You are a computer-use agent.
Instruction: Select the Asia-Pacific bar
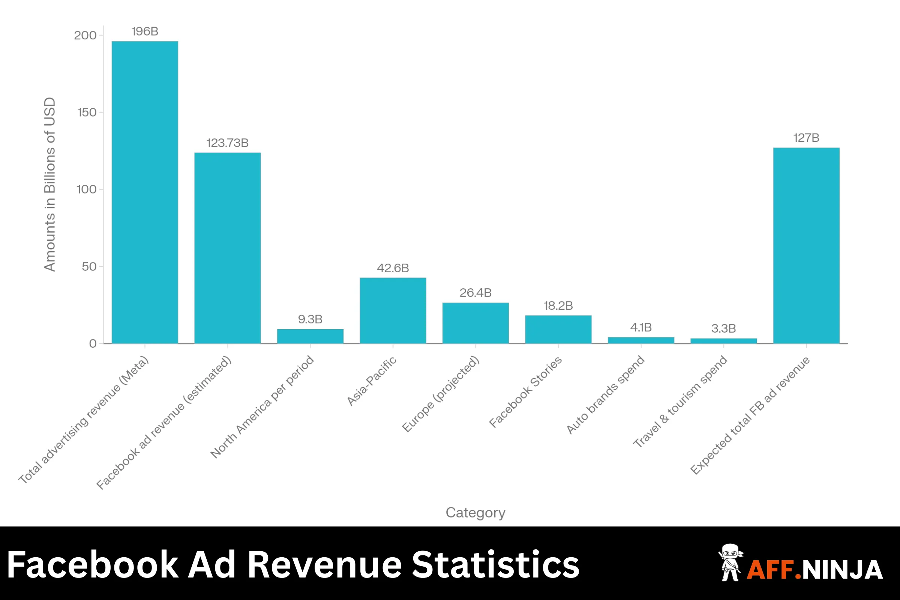[x=393, y=310]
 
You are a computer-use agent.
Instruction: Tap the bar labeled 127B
[x=806, y=245]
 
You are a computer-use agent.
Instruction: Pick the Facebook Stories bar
[x=558, y=329]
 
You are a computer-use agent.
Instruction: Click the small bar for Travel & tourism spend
[x=723, y=340]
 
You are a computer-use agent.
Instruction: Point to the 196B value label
[x=145, y=31]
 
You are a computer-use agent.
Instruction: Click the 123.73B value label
[x=227, y=143]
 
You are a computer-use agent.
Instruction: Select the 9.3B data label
[x=310, y=319]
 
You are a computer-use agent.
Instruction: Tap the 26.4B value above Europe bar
[x=475, y=293]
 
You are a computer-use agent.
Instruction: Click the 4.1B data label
[x=640, y=327]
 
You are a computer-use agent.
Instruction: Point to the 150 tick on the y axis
[x=87, y=112]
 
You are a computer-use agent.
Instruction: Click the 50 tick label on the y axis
[x=89, y=267]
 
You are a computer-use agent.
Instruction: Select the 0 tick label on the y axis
[x=93, y=343]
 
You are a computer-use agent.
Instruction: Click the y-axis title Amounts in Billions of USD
[x=50, y=184]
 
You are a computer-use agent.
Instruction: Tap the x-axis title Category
[x=475, y=512]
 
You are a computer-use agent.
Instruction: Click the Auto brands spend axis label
[x=605, y=395]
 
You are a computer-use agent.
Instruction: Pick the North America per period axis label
[x=262, y=407]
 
